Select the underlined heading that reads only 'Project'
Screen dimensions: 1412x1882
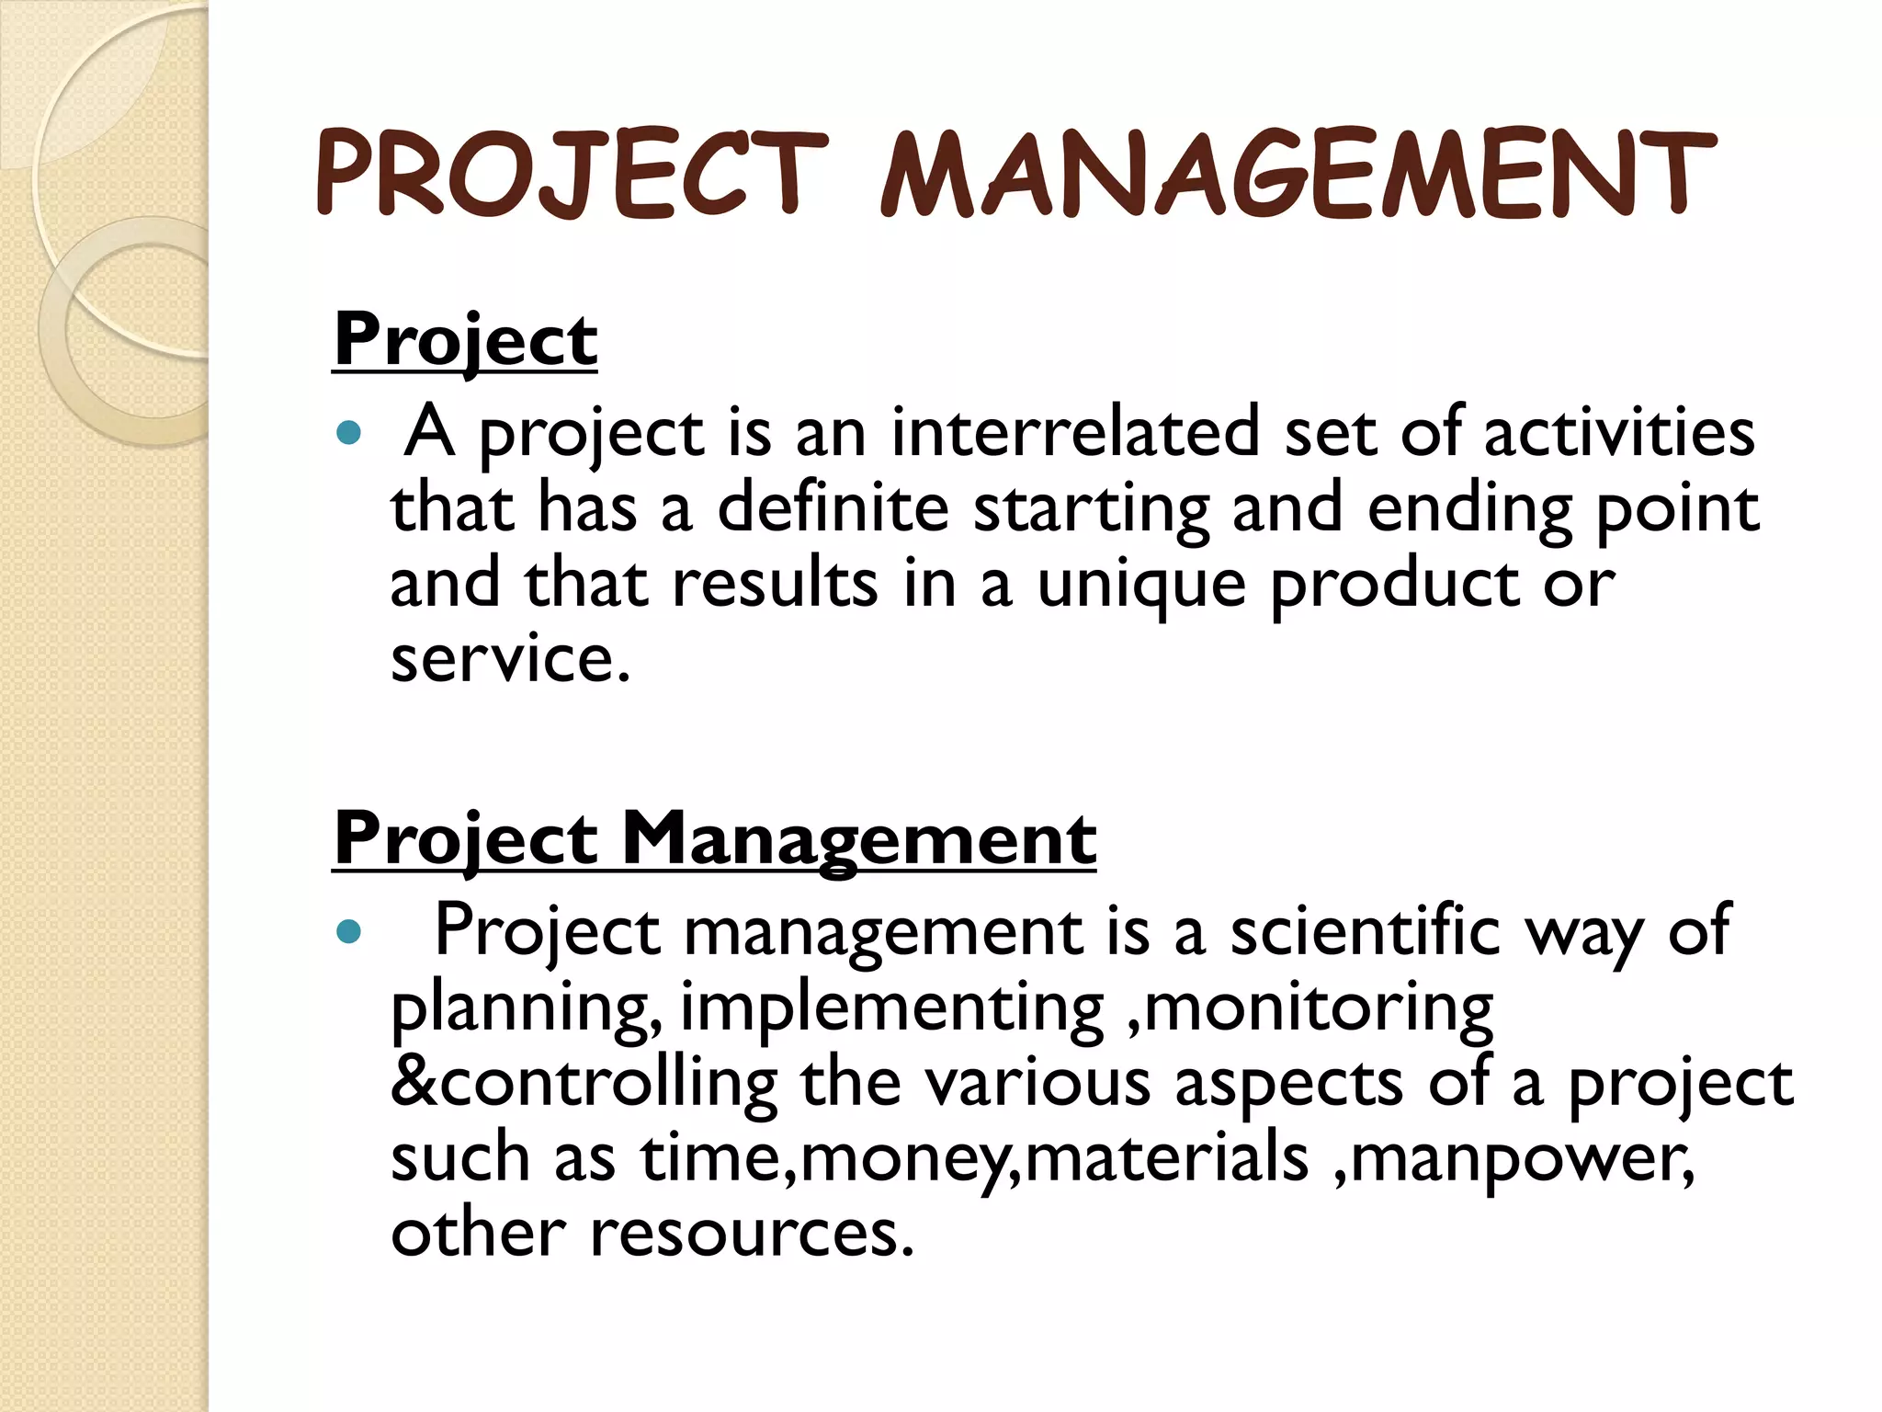465,340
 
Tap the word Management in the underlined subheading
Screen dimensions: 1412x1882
858,838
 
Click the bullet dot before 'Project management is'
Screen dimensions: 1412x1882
348,933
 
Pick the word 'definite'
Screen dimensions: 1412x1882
833,508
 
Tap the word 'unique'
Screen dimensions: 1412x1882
1142,586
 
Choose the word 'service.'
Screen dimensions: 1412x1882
511,659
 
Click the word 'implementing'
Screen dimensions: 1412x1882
891,1008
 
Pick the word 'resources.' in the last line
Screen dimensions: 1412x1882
752,1234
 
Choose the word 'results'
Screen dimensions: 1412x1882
775,584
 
